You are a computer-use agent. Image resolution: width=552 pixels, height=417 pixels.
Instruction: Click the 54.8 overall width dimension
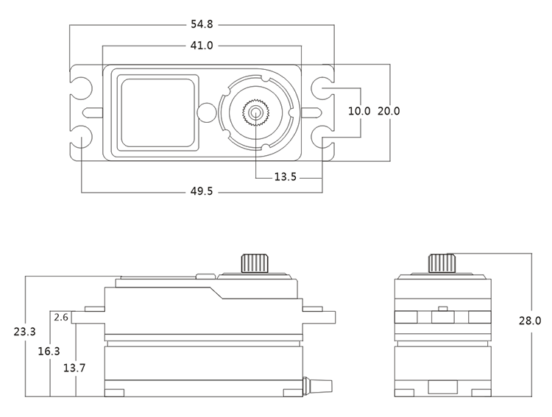(201, 25)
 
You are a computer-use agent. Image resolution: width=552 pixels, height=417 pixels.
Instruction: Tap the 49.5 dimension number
(201, 192)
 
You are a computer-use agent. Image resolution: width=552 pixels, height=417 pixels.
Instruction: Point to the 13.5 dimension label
(286, 177)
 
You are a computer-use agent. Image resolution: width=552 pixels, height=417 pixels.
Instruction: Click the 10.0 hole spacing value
(359, 112)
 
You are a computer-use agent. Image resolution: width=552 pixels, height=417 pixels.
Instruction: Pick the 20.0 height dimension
(389, 112)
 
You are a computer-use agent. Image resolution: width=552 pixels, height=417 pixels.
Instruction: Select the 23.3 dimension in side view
(24, 332)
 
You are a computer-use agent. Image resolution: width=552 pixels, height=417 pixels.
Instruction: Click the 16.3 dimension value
(49, 352)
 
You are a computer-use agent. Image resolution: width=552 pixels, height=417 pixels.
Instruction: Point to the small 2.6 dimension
(61, 317)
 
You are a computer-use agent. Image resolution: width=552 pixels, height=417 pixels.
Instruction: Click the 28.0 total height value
(530, 321)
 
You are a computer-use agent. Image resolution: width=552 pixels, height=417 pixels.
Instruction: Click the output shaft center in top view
(255, 112)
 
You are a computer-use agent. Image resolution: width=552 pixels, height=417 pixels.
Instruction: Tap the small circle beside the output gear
(207, 112)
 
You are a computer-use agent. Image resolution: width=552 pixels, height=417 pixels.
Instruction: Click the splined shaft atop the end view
(440, 263)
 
